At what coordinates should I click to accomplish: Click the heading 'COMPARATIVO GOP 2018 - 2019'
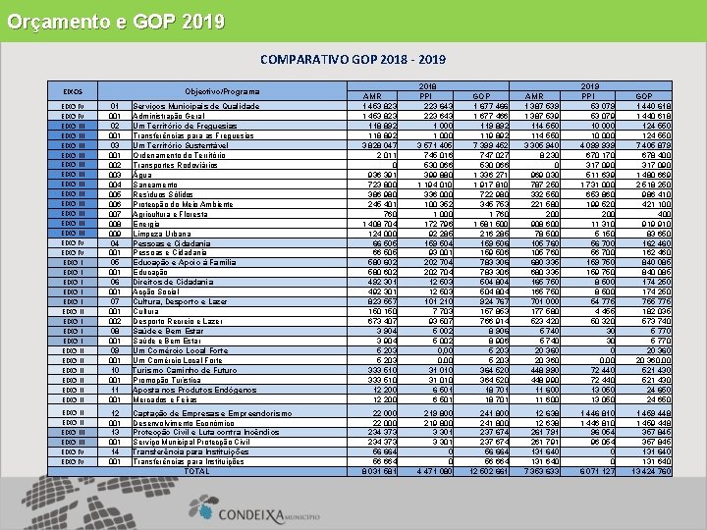[353, 61]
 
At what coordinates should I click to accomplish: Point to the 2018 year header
[427, 86]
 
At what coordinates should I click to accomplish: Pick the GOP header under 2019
[646, 96]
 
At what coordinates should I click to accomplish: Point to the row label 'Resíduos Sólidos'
[165, 194]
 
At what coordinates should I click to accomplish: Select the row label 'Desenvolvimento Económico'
[188, 423]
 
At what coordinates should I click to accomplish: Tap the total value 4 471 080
[427, 471]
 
